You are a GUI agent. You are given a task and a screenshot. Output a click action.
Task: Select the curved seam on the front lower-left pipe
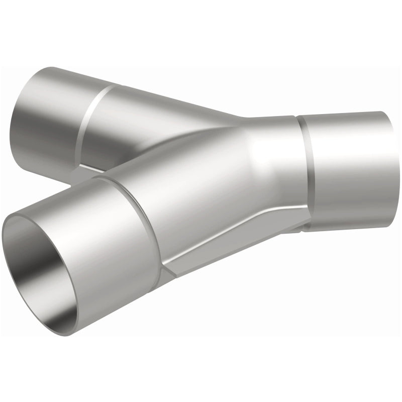tap(146, 226)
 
